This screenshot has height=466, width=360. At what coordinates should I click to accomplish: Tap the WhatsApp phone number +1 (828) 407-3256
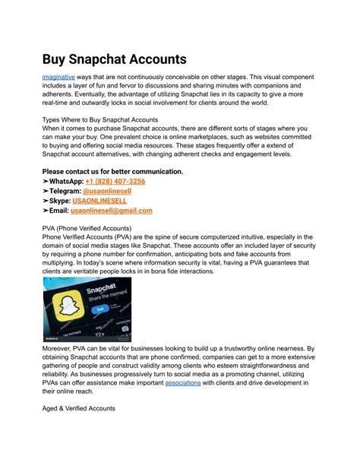point(115,182)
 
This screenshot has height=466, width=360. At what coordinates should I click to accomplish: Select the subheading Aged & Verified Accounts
point(78,408)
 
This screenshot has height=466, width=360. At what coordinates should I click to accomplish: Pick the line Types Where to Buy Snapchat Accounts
point(99,119)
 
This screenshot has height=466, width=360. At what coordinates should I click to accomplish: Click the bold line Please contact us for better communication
point(112,171)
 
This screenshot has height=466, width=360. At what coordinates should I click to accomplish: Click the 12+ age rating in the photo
point(98,332)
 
